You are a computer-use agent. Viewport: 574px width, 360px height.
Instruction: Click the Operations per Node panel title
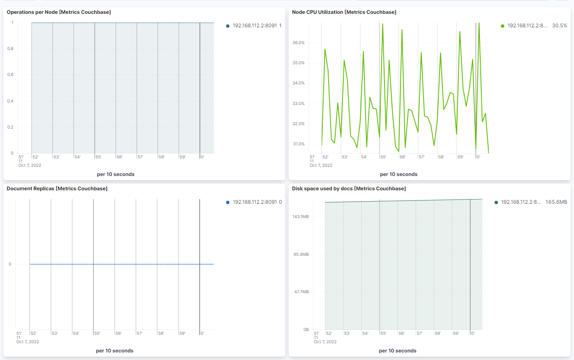pos(59,12)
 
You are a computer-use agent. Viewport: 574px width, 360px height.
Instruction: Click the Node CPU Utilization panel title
pos(344,12)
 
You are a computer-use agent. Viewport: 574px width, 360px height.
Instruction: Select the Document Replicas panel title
pos(57,189)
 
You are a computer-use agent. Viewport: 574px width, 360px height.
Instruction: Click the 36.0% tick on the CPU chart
pos(298,43)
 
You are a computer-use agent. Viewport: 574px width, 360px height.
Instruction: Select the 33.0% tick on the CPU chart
pos(298,104)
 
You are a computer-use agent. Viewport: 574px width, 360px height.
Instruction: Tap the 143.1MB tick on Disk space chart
pos(300,217)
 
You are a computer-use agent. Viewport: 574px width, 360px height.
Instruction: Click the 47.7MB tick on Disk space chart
pos(300,292)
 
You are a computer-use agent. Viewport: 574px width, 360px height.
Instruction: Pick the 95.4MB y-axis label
pos(300,255)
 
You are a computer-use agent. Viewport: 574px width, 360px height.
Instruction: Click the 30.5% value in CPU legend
pos(559,26)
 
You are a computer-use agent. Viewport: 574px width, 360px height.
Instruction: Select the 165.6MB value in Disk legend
pos(556,202)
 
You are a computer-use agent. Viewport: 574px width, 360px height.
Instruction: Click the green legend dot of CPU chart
pos(503,26)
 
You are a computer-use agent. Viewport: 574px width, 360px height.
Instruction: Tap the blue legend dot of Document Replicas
pos(228,202)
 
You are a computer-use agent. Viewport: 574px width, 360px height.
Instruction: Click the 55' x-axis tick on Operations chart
pos(98,157)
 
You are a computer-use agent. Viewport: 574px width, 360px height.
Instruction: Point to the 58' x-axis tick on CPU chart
pos(441,157)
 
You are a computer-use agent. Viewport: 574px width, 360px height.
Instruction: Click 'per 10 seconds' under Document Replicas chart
pos(115,351)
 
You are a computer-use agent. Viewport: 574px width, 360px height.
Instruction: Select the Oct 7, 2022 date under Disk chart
pos(325,342)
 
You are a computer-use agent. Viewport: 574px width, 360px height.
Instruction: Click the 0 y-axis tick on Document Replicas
pos(10,264)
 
